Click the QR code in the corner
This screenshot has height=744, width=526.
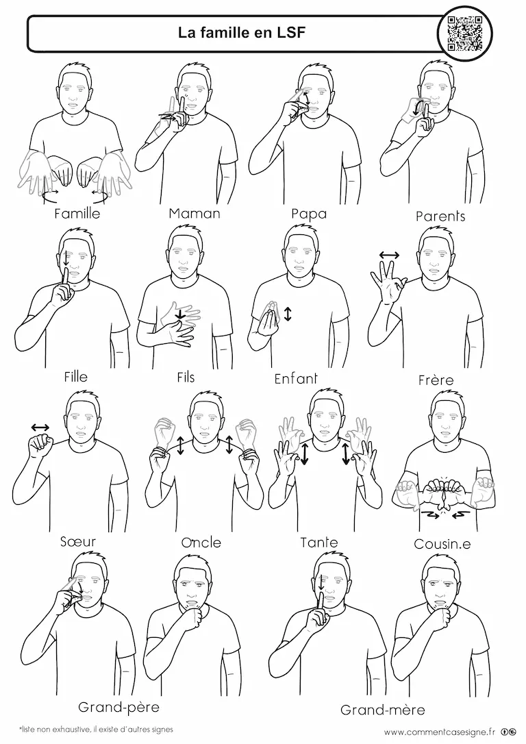[x=465, y=33]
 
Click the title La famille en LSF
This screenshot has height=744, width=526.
[x=242, y=33]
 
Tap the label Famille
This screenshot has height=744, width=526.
[x=77, y=214]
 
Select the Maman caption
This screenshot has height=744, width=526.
[x=195, y=214]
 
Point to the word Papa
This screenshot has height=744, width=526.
[x=309, y=214]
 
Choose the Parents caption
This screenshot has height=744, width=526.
[x=440, y=216]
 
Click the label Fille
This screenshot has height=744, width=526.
[x=76, y=377]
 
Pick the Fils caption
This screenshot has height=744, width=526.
[x=186, y=377]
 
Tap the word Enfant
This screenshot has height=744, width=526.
[x=296, y=379]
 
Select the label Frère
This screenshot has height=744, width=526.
[x=436, y=380]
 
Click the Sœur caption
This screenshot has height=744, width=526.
[x=78, y=541]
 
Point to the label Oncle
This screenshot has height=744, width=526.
[x=201, y=543]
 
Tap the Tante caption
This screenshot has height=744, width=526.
[x=319, y=543]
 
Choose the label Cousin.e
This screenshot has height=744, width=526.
[x=442, y=544]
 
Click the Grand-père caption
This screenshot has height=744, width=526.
[x=118, y=708]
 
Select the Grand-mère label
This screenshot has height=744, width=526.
[x=383, y=710]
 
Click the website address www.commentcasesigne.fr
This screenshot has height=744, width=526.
[x=440, y=732]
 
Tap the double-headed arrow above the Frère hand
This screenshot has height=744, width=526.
[x=390, y=256]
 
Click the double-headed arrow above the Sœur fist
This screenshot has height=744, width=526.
[x=40, y=427]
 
